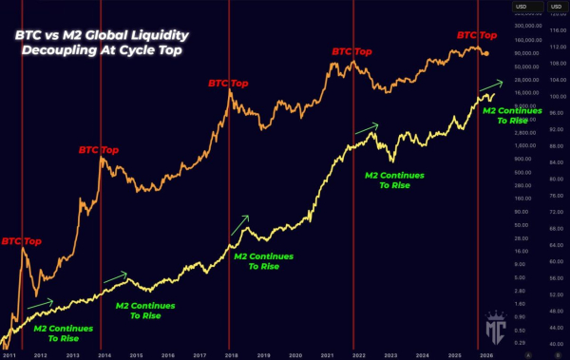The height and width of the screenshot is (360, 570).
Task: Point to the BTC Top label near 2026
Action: (x=477, y=35)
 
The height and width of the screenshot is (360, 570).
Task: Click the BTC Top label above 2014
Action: (x=98, y=150)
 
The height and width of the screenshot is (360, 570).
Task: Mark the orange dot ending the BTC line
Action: (x=487, y=52)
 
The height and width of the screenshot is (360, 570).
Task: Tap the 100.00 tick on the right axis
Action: (x=558, y=96)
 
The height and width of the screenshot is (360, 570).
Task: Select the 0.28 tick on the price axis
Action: (x=520, y=341)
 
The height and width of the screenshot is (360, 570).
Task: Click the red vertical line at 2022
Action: (x=353, y=190)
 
